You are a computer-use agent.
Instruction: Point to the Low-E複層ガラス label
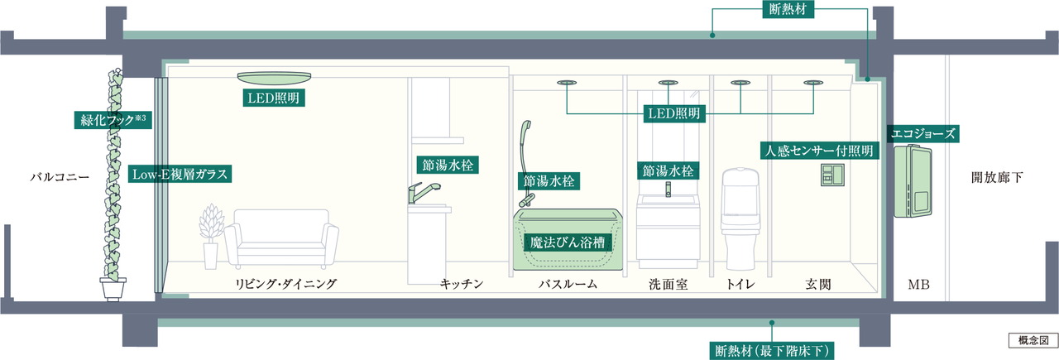[180, 175]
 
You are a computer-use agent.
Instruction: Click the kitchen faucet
[418, 195]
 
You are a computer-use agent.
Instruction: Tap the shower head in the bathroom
[524, 132]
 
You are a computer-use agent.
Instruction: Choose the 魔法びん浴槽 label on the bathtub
[567, 242]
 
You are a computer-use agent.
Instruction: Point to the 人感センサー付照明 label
[818, 151]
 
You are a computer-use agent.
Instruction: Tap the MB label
[918, 285]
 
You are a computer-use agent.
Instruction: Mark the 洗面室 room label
[669, 285]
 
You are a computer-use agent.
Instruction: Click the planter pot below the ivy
[113, 289]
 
